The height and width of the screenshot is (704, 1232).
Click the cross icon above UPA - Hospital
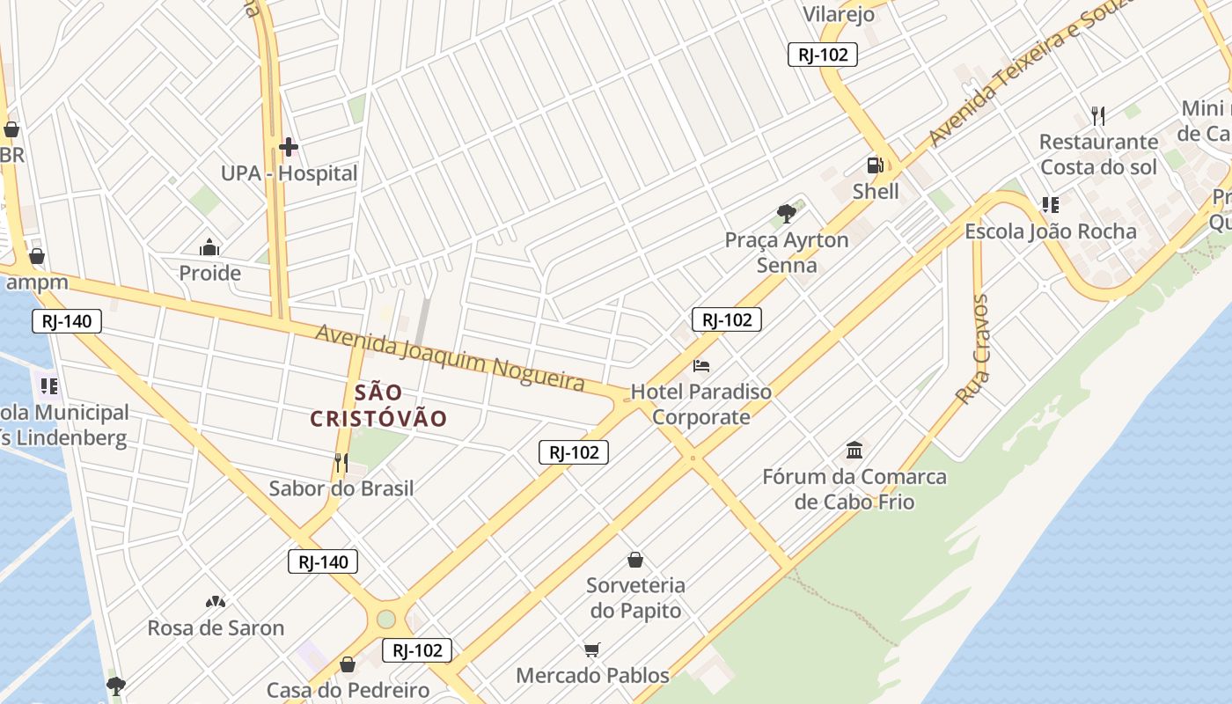[x=288, y=147]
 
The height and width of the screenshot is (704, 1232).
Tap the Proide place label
[x=209, y=273]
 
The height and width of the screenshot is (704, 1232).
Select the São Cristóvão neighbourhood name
[x=378, y=406]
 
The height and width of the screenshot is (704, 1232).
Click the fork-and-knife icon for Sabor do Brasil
[x=341, y=462]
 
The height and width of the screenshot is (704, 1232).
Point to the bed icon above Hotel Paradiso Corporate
[x=701, y=366]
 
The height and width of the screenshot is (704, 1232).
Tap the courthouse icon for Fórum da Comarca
[x=854, y=451]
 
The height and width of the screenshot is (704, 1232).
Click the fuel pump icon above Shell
[x=875, y=165]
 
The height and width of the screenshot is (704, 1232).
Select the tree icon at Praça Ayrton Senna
[x=787, y=213]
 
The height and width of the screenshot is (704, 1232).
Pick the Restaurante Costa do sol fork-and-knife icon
[x=1097, y=115]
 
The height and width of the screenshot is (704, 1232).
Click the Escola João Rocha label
[x=1051, y=231]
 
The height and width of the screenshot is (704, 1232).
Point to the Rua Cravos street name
[x=973, y=349]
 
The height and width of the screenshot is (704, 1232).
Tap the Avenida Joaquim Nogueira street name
[x=450, y=357]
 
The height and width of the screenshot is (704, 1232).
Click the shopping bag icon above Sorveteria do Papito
[x=635, y=560]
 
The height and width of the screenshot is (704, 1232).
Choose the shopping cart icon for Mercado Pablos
[x=592, y=650]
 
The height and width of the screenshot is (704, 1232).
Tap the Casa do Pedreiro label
[x=348, y=690]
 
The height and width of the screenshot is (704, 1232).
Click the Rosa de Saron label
[x=216, y=628]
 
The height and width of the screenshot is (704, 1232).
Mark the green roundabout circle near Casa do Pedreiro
[x=386, y=619]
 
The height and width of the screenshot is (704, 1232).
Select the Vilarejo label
[x=839, y=14]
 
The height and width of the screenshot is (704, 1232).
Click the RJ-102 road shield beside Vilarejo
[x=822, y=55]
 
